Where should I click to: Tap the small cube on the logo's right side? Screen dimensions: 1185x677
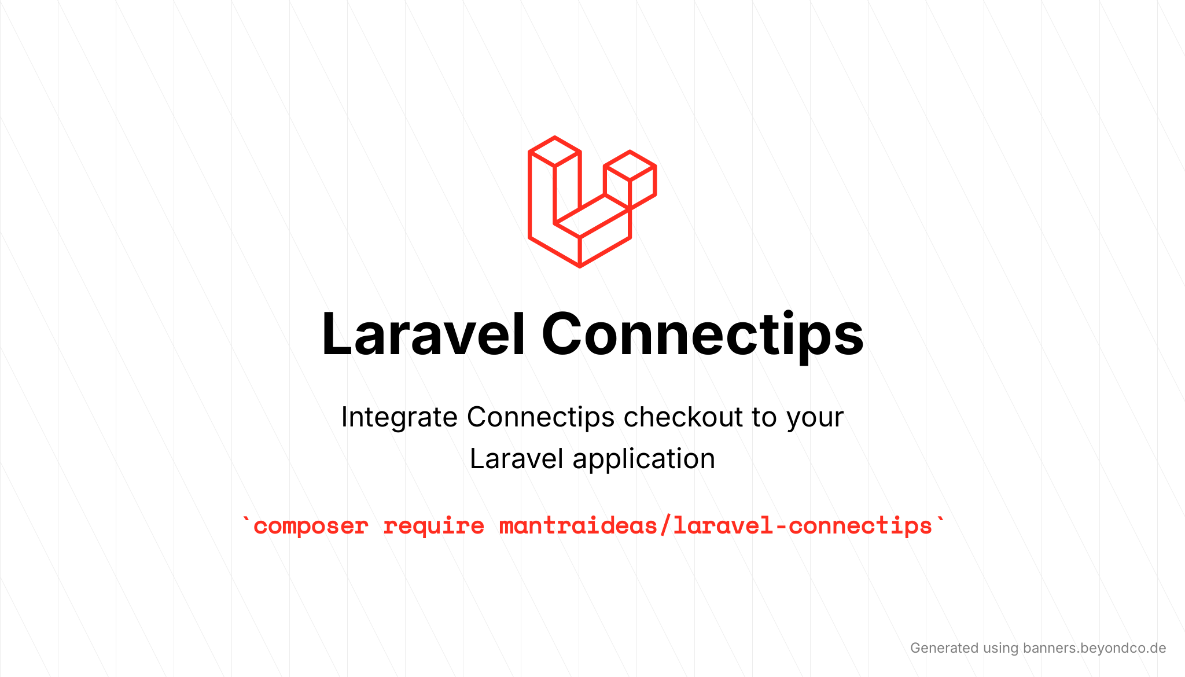coord(630,179)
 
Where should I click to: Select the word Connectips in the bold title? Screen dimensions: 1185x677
coord(702,336)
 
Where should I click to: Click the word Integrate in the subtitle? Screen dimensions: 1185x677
coord(399,417)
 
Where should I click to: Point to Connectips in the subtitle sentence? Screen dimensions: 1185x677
coord(540,417)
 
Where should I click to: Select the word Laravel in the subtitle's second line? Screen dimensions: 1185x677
coord(516,458)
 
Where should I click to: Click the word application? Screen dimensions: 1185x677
coord(643,459)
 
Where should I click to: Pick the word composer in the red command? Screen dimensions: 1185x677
coord(311,526)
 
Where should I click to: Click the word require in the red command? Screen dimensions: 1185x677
coord(433,526)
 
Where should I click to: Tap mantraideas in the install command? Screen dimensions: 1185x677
coord(578,525)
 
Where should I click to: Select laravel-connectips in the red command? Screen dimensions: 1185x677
coord(803,525)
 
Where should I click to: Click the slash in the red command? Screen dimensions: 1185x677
coord(665,525)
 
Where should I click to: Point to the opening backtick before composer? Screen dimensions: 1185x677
coord(246,518)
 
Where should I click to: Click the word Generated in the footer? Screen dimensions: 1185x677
coord(944,648)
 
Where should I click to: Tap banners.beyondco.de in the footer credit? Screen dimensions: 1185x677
coord(1094,648)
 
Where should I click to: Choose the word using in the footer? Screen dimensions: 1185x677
coord(1000,649)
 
